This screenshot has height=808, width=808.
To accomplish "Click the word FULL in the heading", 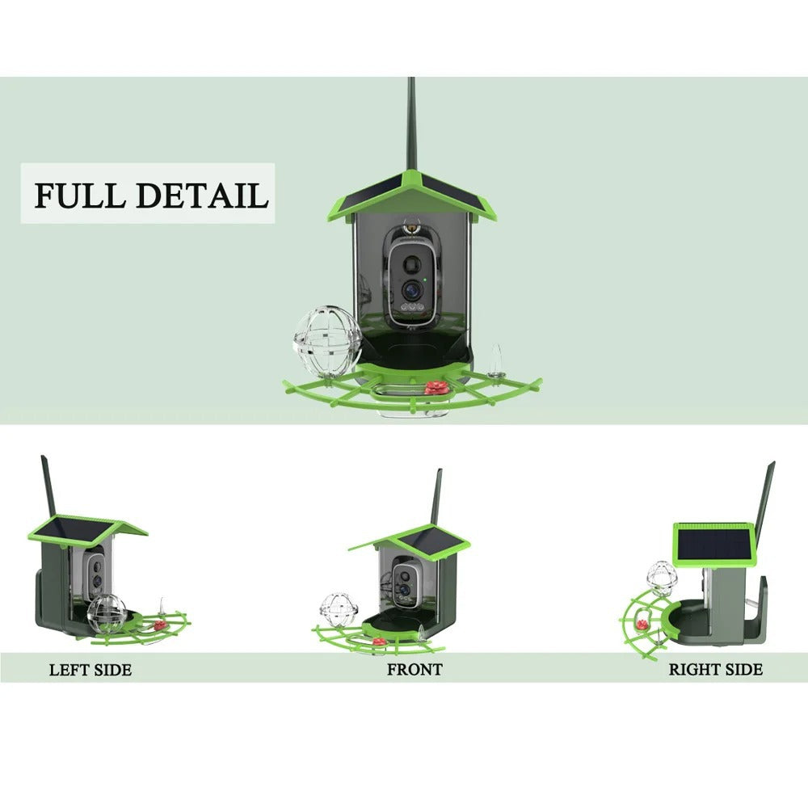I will (78, 196).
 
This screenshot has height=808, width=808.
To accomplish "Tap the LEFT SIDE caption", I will (90, 670).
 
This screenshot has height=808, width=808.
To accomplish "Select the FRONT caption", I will (415, 669).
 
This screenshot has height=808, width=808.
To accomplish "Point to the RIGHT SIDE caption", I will (715, 669).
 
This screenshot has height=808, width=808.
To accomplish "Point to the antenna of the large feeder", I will (412, 121).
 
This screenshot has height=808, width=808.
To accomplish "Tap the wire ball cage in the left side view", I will (107, 613).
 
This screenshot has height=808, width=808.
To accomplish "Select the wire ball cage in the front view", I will (333, 608).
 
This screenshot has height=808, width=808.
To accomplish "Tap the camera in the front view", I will (402, 580).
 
